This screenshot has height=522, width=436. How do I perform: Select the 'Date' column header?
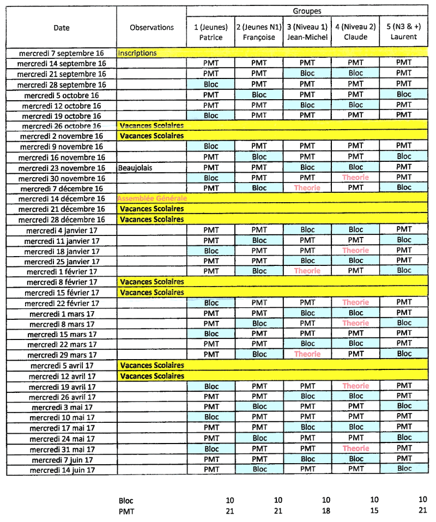62,28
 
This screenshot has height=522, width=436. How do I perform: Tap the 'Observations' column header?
152,28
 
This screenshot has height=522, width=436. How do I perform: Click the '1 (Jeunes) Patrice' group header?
210,32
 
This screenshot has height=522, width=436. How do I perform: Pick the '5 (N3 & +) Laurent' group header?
404,32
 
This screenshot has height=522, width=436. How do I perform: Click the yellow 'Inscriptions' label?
137,53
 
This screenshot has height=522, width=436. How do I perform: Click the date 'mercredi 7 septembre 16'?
61,53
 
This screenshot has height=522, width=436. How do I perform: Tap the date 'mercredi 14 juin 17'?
62,470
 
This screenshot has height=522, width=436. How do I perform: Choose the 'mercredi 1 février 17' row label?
62,271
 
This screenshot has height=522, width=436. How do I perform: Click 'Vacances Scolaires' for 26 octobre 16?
152,126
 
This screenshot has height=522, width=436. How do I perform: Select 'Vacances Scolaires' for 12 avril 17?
152,376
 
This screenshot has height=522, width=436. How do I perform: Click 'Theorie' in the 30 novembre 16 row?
355,178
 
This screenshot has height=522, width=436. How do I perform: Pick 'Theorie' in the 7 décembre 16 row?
307,188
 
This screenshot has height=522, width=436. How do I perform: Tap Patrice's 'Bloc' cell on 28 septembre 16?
211,84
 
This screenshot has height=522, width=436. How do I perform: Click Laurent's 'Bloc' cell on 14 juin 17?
404,469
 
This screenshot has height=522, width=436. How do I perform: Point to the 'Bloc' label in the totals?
126,501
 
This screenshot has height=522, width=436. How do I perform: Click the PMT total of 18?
325,511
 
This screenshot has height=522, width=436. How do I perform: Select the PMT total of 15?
373,511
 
